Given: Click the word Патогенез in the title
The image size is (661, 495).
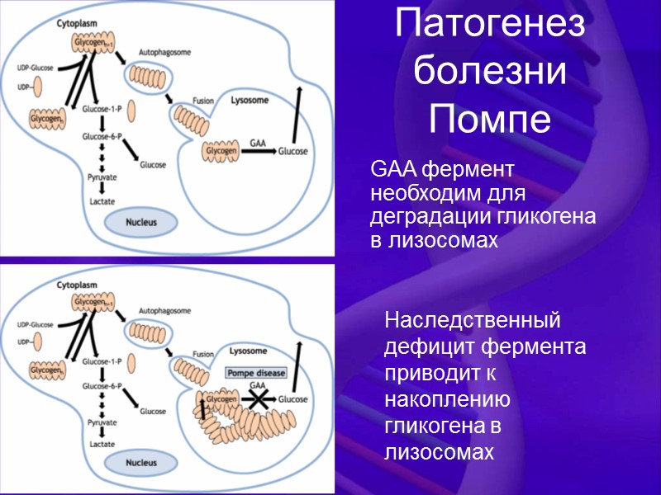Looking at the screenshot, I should (490, 26).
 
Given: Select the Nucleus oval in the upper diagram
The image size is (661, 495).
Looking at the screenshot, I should (140, 221).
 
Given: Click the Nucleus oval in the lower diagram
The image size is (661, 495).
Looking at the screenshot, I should (140, 463).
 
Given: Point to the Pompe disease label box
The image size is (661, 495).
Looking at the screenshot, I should (257, 373).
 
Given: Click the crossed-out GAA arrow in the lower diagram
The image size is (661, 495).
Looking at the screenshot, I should (259, 399).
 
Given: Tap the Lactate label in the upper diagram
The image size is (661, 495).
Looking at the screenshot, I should (102, 200).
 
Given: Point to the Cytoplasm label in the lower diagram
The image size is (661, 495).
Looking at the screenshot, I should (76, 285).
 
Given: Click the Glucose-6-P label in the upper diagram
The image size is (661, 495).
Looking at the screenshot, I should (102, 135).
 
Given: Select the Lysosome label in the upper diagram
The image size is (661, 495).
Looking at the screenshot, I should (250, 100).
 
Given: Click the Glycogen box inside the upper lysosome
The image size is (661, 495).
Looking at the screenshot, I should (220, 152).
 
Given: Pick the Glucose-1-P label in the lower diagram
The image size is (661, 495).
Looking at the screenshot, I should (102, 361).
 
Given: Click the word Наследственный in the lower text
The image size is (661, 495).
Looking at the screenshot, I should (473, 319).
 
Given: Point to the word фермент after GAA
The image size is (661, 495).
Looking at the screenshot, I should (468, 171).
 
